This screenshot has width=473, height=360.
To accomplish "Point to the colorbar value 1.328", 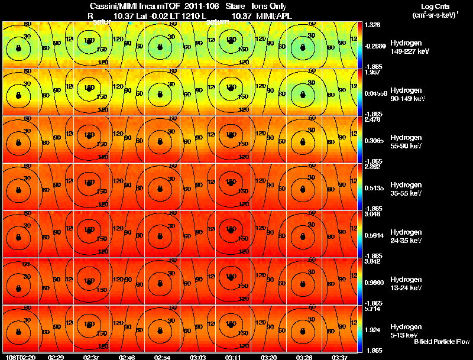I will (x=372, y=25).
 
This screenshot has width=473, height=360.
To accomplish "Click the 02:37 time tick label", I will (x=90, y=357).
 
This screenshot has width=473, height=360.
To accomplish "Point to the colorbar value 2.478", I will (x=372, y=119).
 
